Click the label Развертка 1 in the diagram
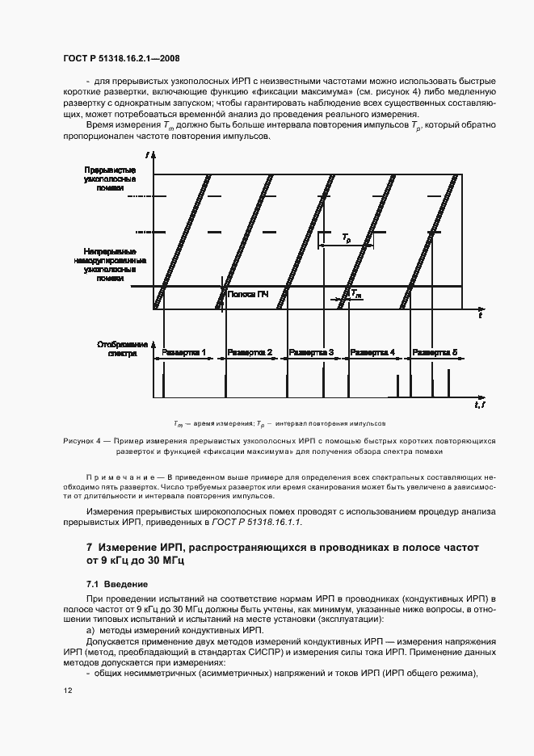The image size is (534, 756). coord(184,353)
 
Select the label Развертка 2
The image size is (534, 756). coord(250,353)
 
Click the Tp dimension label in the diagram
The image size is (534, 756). coord(346,239)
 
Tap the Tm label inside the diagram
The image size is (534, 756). coord(356,296)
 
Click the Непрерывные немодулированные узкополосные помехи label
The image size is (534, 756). coord(115,264)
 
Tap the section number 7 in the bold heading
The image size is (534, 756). coord(90,548)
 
